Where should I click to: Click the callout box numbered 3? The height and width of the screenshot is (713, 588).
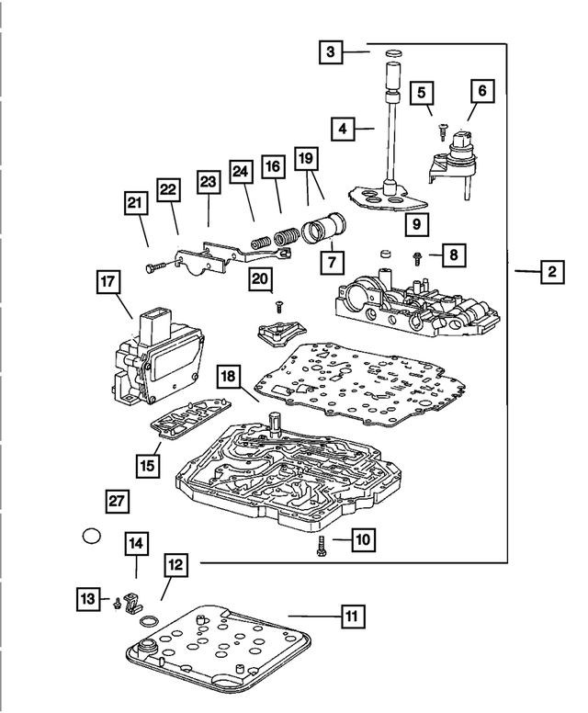(331, 53)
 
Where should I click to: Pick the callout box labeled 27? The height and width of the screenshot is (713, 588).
(116, 501)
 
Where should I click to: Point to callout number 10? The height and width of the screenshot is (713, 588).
(362, 540)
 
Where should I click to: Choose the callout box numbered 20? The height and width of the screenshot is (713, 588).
(260, 278)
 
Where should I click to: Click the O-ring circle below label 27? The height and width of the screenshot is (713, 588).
(91, 536)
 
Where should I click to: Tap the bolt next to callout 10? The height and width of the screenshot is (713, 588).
(320, 548)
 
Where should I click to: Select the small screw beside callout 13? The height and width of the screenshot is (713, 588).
(117, 604)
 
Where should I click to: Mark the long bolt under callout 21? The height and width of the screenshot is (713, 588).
(159, 265)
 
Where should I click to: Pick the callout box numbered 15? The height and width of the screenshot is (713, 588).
(147, 466)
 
